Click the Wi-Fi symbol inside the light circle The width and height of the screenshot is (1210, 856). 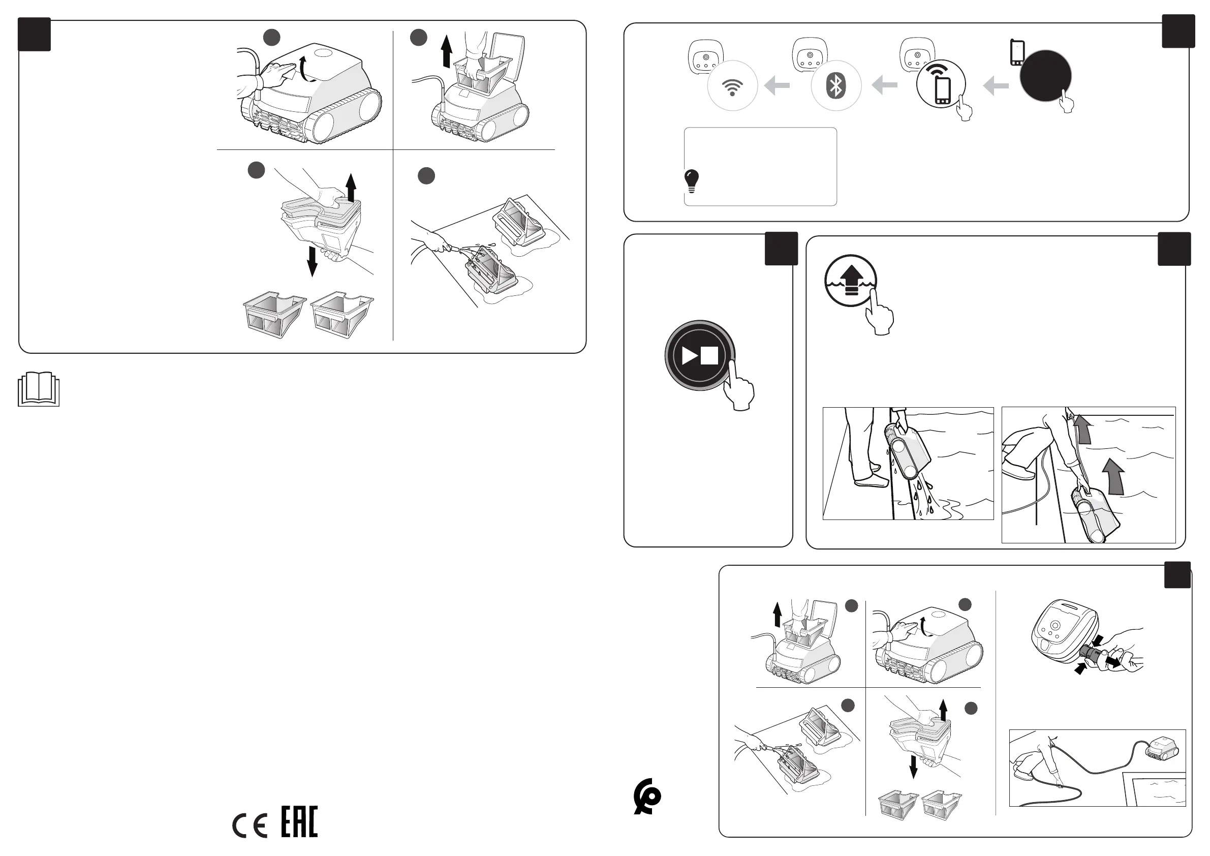pyautogui.click(x=732, y=87)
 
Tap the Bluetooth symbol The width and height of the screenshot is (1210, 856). pyautogui.click(x=836, y=86)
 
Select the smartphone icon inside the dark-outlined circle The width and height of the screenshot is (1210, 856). pyautogui.click(x=942, y=90)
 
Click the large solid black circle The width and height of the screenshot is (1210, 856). pyautogui.click(x=1045, y=76)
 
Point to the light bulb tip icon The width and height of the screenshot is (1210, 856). pyautogui.click(x=691, y=181)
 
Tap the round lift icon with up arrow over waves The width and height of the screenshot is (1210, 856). pyautogui.click(x=851, y=281)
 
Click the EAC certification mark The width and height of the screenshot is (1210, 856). pyautogui.click(x=299, y=822)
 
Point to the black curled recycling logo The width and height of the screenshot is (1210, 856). pyautogui.click(x=647, y=797)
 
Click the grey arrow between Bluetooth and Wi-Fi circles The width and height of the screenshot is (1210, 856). pyautogui.click(x=777, y=85)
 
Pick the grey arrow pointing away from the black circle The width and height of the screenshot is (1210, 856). pyautogui.click(x=996, y=85)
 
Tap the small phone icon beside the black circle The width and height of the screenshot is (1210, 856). pyautogui.click(x=1016, y=53)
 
